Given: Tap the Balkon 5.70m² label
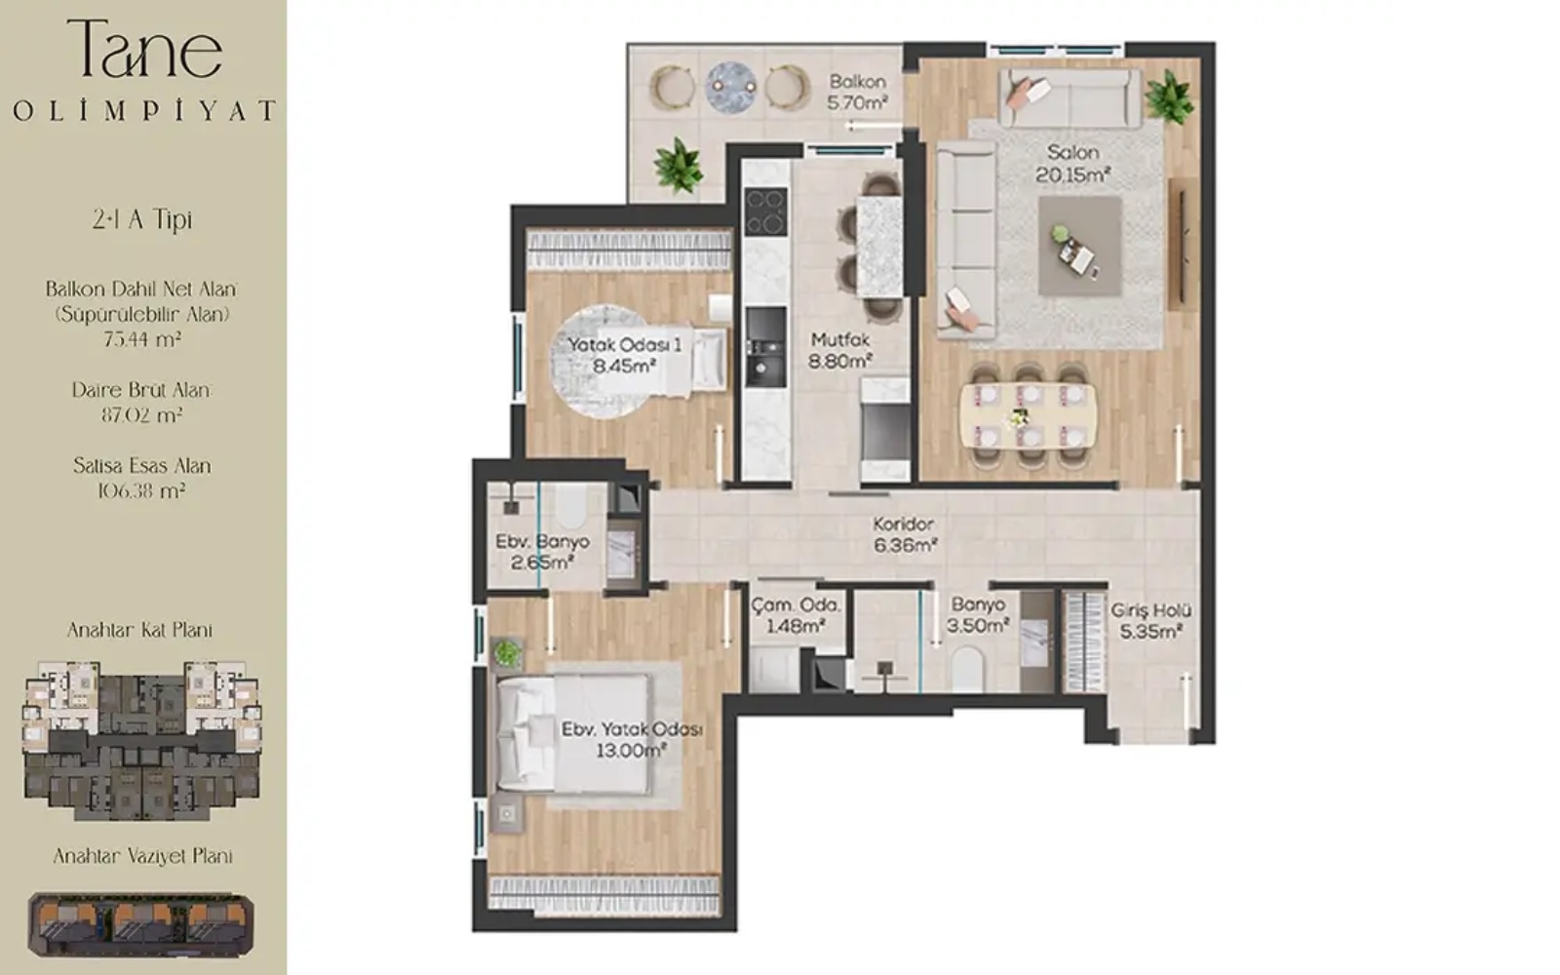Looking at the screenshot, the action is (857, 92).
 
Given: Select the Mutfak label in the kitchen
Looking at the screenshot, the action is (840, 340).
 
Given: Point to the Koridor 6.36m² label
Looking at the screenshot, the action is (904, 535).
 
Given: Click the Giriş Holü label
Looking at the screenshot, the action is (1150, 610).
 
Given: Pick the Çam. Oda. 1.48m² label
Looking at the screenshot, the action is (796, 615).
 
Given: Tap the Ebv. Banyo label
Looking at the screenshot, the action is (542, 541).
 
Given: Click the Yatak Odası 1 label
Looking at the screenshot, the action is (624, 345).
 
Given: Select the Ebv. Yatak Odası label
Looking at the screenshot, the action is (632, 729).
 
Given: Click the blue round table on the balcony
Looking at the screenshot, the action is (731, 88).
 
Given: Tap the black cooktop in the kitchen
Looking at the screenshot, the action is (766, 212).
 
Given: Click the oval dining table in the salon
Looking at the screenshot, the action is (1028, 416).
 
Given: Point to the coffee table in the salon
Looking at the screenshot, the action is (1079, 246).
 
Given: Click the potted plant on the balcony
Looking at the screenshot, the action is (678, 166).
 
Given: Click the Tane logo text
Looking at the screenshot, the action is (145, 48).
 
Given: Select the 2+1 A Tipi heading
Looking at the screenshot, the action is (142, 219).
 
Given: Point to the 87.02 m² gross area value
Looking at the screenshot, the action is (141, 415).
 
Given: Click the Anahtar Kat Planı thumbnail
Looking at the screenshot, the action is (142, 741).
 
